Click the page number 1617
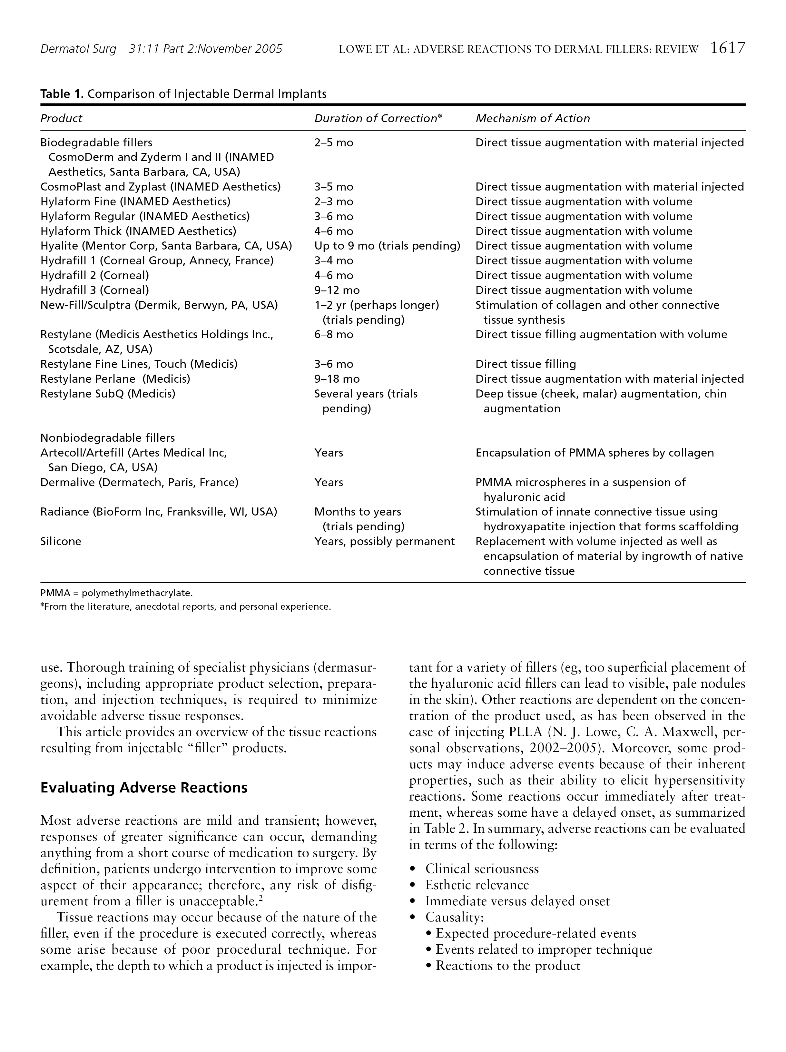click(727, 48)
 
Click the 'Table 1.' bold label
click(62, 94)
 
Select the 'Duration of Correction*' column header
click(378, 118)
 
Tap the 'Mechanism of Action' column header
click(533, 118)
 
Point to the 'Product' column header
click(61, 118)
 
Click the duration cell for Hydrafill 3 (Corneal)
click(337, 290)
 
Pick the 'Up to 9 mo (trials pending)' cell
click(387, 246)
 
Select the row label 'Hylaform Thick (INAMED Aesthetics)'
click(138, 231)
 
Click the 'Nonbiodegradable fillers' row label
click(107, 438)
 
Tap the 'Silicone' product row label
click(61, 541)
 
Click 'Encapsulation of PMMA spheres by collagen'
click(594, 452)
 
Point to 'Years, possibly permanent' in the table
click(384, 541)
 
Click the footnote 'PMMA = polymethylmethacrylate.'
click(116, 593)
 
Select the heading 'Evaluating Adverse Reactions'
click(143, 788)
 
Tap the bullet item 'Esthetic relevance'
click(477, 885)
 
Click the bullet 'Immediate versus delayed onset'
click(517, 901)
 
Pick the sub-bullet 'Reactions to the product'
click(508, 966)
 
